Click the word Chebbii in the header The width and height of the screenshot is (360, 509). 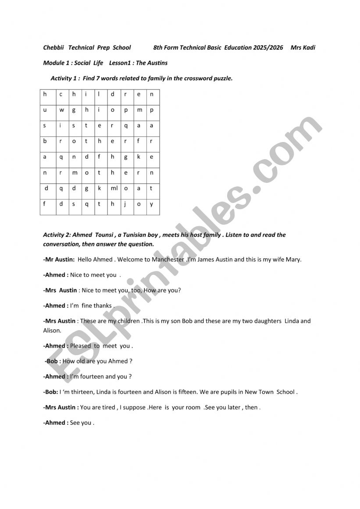54,47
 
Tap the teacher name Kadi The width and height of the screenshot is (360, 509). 309,47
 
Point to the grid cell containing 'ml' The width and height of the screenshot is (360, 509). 114,189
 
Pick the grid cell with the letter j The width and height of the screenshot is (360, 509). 126,204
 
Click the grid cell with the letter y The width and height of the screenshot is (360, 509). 152,204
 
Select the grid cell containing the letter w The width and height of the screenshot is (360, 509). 62,110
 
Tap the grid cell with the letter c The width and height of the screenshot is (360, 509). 61,94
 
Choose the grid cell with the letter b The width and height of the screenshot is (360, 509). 45,141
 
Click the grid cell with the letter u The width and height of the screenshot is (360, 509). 45,110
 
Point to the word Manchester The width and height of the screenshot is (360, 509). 168,259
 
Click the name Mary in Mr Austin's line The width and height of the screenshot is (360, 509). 293,259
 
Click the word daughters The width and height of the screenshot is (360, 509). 266,321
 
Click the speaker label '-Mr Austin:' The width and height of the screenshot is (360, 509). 59,259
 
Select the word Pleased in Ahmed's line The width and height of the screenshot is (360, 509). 81,346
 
